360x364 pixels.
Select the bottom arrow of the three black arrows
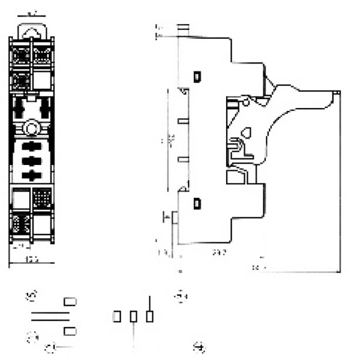29,175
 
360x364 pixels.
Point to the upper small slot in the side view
197,77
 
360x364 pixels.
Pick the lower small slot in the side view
197,203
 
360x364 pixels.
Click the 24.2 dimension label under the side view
220,253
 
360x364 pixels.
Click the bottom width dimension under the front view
31,259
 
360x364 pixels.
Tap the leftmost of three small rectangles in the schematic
118,316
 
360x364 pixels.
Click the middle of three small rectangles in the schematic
134,316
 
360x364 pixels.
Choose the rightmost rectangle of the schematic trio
150,316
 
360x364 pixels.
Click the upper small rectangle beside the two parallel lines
70,302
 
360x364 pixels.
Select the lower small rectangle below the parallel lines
70,331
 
